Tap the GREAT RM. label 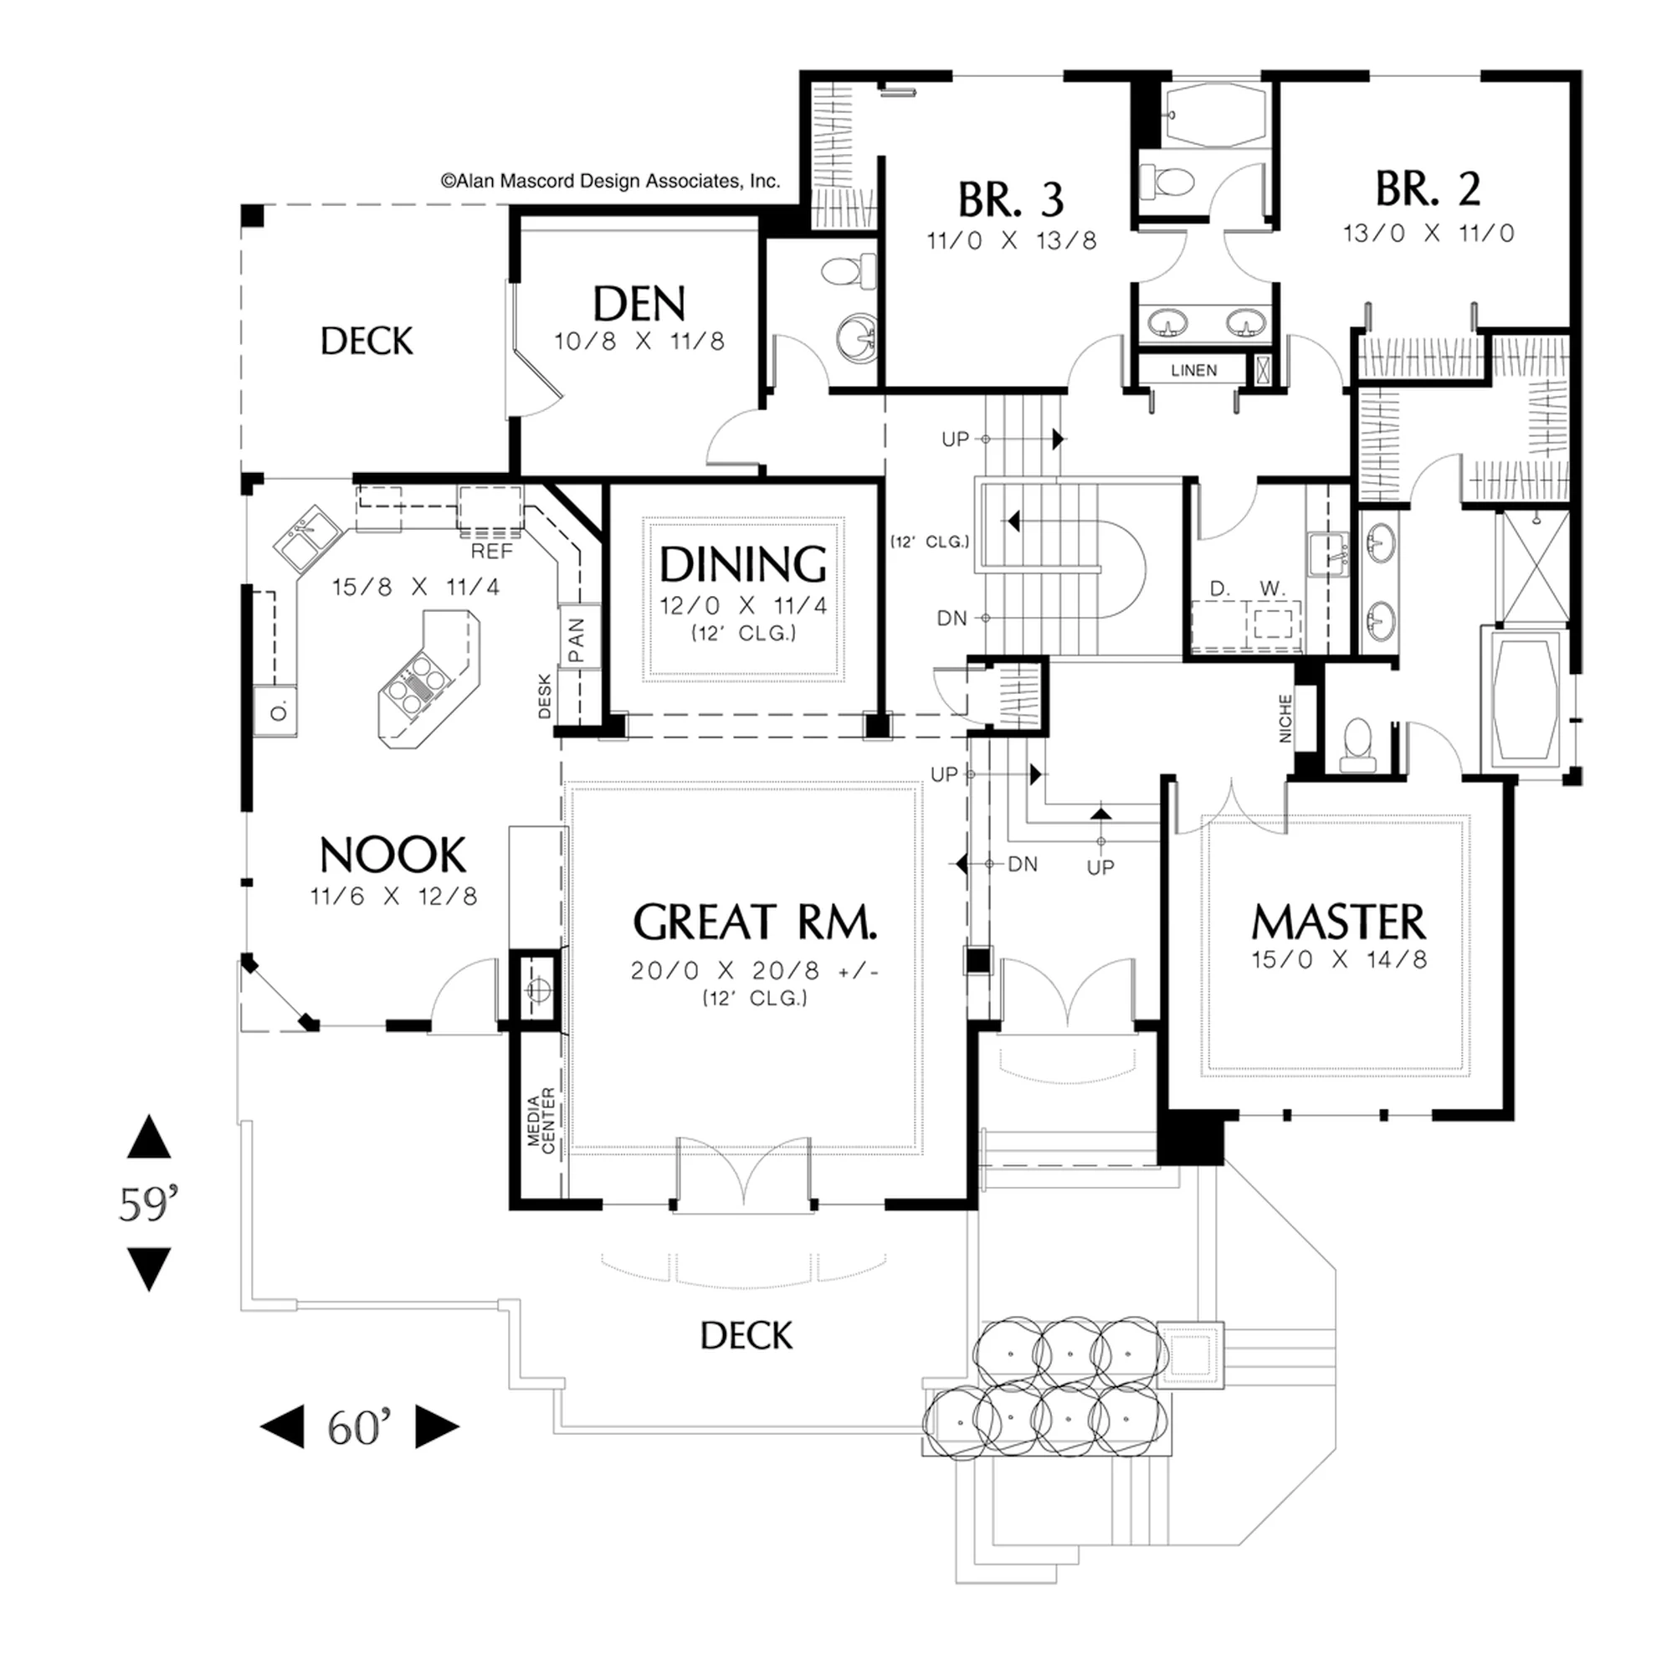point(755,922)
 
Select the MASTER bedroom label point(1337,922)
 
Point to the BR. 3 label point(1011,200)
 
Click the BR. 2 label point(1428,189)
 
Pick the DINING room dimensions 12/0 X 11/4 point(744,605)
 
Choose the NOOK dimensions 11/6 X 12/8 point(393,896)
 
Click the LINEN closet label point(1193,370)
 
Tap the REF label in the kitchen point(491,552)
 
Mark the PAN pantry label point(577,640)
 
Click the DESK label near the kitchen point(545,696)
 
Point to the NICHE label point(1285,719)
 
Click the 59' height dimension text point(148,1204)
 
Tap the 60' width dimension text point(360,1426)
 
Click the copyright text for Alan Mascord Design point(610,181)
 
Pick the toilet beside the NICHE point(1356,746)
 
